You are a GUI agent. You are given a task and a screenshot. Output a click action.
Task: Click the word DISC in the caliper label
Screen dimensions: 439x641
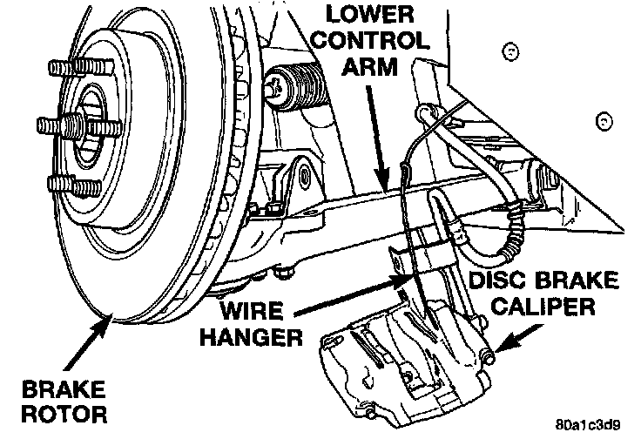[499, 282]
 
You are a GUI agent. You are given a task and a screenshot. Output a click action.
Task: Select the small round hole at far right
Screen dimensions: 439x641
[602, 119]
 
